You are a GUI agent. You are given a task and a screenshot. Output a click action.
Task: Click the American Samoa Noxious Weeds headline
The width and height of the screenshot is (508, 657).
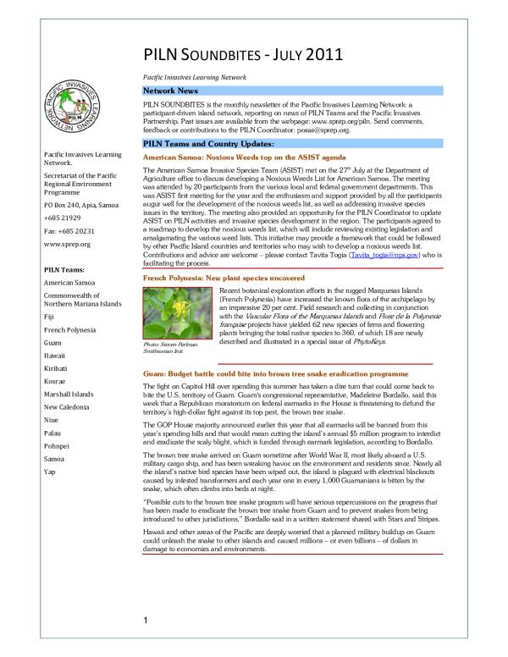233,158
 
